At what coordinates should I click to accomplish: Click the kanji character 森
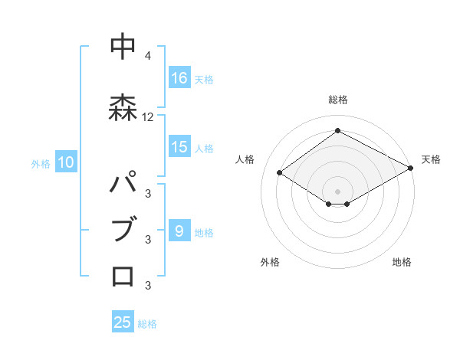point(123,106)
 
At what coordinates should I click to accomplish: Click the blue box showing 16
point(179,78)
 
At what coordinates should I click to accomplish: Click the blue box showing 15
point(179,148)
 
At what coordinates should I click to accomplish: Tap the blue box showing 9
point(179,231)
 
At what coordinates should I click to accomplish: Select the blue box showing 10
point(66,162)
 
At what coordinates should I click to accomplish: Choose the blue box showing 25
point(123,322)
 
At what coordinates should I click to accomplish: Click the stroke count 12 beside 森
point(148,117)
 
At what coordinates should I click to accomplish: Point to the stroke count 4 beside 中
point(148,57)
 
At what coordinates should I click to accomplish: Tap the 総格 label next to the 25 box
point(147,324)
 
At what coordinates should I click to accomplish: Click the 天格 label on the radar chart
point(431,159)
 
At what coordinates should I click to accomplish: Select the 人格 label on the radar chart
point(245,159)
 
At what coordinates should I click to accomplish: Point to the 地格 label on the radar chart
point(402,262)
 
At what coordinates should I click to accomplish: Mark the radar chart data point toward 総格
point(337,131)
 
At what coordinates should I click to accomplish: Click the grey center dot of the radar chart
point(337,190)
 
